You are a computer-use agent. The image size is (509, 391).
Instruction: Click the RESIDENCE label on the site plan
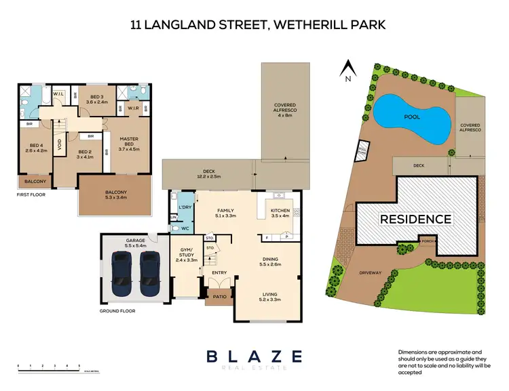point(415,219)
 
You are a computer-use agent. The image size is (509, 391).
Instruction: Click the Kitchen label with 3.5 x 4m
point(280,213)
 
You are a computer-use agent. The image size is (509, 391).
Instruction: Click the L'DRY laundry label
point(184,206)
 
